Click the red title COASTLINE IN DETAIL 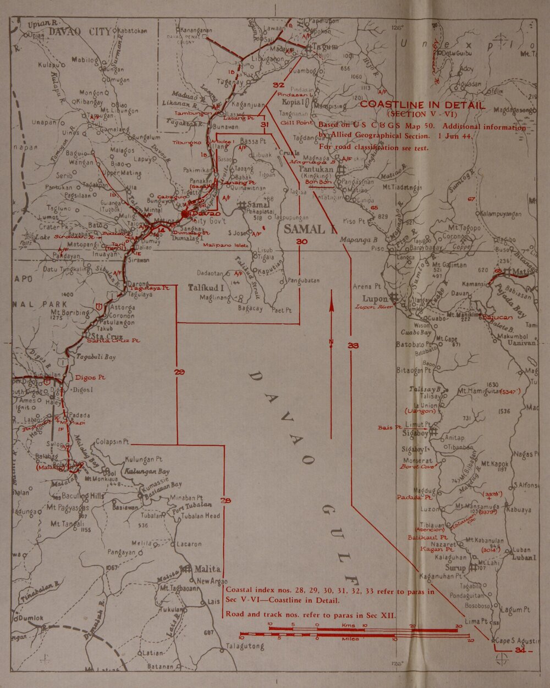[x=423, y=104]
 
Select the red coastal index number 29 [x=179, y=373]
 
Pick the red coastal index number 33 [x=353, y=345]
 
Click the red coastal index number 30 [x=301, y=242]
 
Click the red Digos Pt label [x=90, y=378]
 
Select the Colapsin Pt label [x=112, y=441]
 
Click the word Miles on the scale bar [x=350, y=639]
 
